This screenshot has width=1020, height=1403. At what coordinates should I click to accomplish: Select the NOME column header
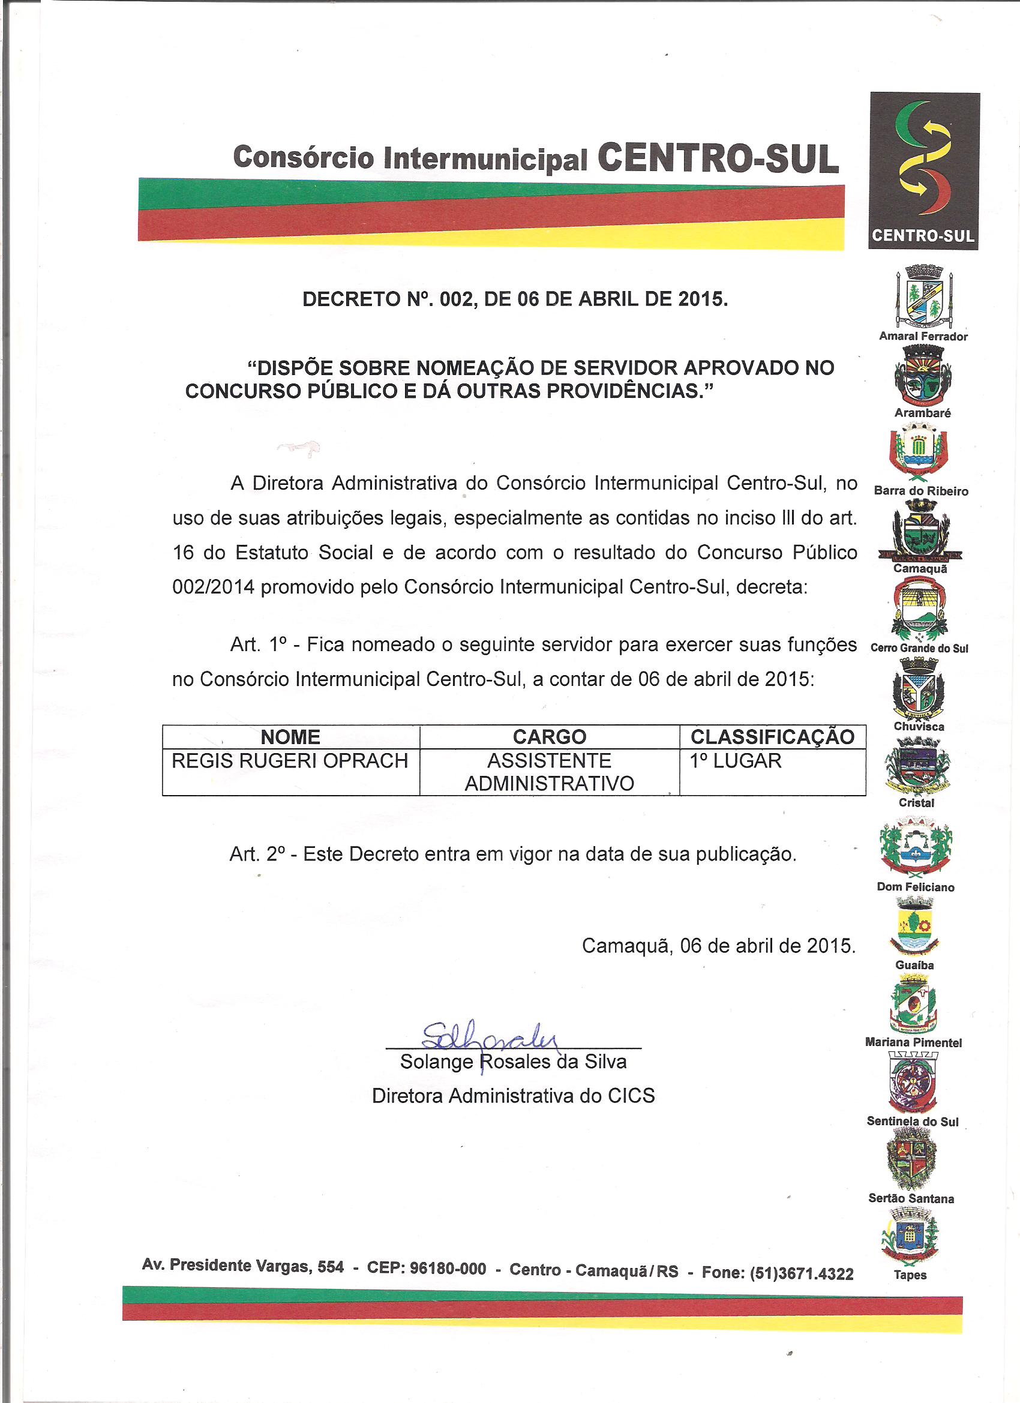pyautogui.click(x=290, y=737)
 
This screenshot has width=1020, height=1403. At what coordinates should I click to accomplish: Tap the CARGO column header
pyautogui.click(x=549, y=737)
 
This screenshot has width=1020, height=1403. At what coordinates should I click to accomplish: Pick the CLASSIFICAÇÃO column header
pyautogui.click(x=772, y=737)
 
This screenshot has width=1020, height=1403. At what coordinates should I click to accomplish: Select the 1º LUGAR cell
pyautogui.click(x=736, y=761)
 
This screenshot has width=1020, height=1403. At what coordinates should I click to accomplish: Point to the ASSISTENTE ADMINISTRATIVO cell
pyautogui.click(x=549, y=772)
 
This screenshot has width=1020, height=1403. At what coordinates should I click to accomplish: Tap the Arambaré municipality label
pyautogui.click(x=922, y=413)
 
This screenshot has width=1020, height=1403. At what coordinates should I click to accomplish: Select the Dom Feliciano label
pyautogui.click(x=916, y=887)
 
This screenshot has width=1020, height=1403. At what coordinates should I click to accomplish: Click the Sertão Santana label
pyautogui.click(x=911, y=1198)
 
